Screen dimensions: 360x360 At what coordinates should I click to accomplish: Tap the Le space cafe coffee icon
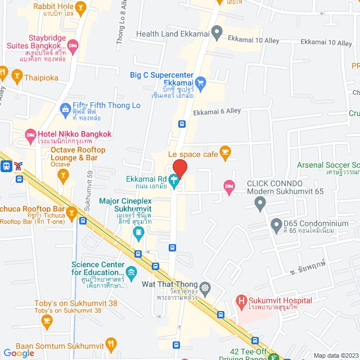click(225, 151)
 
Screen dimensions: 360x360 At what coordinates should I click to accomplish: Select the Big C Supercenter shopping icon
click(202, 83)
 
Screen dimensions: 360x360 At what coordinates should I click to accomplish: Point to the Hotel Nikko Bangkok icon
click(30, 134)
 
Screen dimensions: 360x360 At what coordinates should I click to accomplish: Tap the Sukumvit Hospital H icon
click(242, 301)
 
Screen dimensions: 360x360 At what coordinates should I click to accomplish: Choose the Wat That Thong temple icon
click(205, 287)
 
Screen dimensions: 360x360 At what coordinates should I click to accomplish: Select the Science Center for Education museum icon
click(132, 273)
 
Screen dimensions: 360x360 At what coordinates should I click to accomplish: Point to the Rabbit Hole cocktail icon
click(80, 7)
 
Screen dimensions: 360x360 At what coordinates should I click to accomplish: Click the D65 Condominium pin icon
click(276, 226)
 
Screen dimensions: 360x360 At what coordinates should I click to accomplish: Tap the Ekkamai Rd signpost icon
click(175, 183)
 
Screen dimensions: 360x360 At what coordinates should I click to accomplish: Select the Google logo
click(19, 353)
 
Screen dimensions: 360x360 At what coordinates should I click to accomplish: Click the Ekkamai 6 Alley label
click(217, 112)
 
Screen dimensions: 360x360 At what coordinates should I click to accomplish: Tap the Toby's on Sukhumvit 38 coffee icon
click(47, 321)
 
